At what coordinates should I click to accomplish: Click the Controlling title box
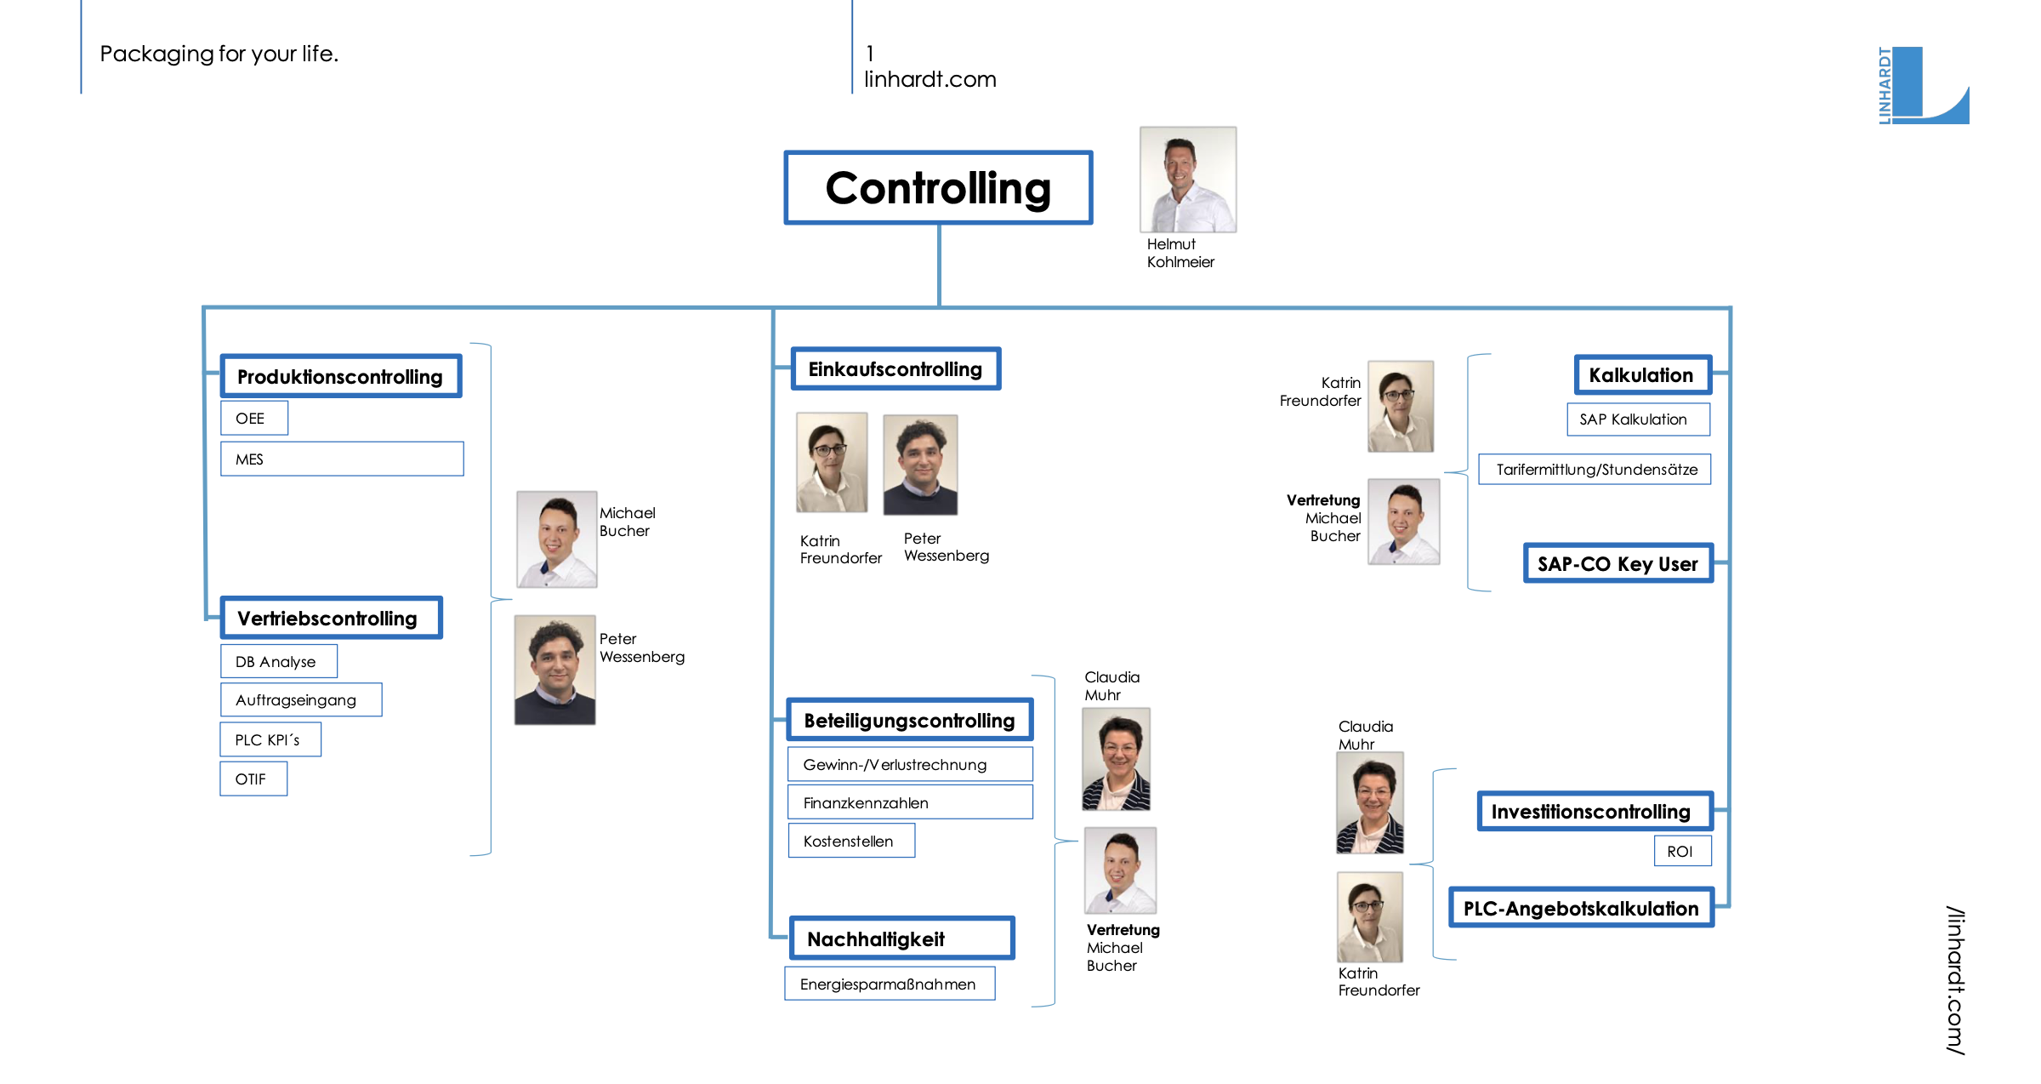click(938, 188)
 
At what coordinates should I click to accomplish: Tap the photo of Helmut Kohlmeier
click(1187, 180)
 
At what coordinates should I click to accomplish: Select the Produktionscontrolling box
click(340, 376)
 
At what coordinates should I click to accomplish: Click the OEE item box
click(253, 418)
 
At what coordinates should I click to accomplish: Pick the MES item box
click(342, 459)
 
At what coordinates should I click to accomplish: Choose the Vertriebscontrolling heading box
click(331, 618)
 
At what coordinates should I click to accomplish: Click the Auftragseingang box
click(301, 699)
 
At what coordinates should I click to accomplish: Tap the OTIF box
click(253, 779)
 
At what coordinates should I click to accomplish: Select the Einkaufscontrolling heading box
click(895, 369)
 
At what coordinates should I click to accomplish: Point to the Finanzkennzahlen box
click(910, 802)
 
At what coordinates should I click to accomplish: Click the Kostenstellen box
click(851, 841)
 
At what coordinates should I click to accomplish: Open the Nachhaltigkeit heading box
click(901, 939)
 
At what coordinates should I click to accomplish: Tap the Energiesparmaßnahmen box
click(890, 984)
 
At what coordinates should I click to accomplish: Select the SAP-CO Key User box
click(1617, 563)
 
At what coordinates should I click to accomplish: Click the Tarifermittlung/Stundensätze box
click(1595, 469)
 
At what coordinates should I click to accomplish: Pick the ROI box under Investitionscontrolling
click(1682, 851)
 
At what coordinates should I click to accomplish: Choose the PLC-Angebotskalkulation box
click(1581, 908)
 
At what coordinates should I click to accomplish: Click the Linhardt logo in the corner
click(1923, 85)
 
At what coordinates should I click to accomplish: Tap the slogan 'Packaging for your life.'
click(219, 54)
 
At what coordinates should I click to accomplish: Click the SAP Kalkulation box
click(1637, 419)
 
